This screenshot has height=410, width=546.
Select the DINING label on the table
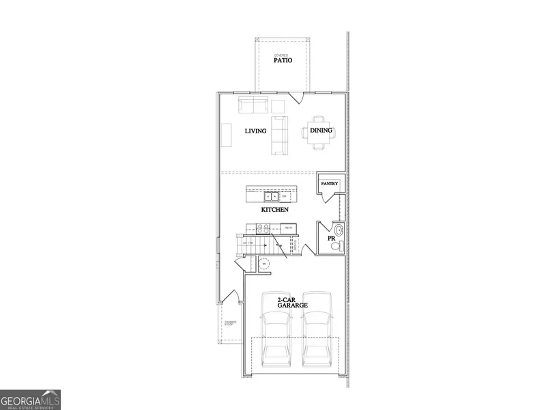pos(321,130)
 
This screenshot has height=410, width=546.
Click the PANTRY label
pos(330,184)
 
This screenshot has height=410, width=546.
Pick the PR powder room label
pos(331,238)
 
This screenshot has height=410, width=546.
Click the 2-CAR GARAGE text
pos(292,303)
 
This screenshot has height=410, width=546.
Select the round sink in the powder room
pos(339,230)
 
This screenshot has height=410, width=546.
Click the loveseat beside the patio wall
pos(253,105)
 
